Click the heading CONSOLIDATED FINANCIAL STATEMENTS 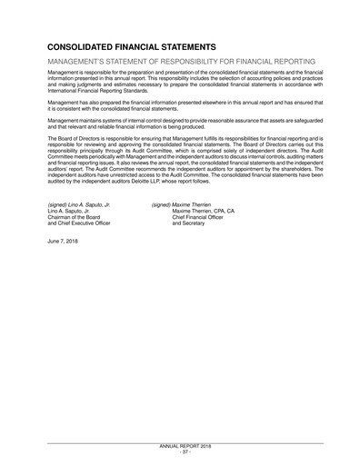[131, 45]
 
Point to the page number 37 [181, 452]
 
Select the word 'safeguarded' [296, 122]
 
